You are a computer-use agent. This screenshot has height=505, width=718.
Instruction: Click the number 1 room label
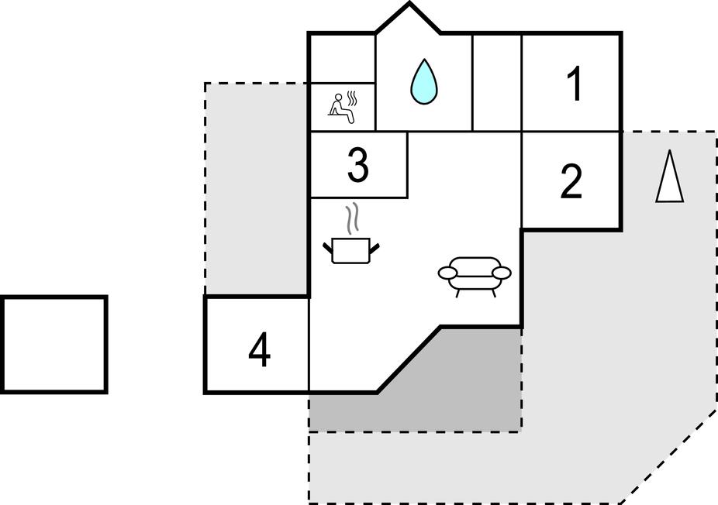click(574, 84)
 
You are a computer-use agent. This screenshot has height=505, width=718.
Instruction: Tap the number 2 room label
click(571, 181)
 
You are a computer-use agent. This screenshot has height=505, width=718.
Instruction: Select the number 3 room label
click(357, 166)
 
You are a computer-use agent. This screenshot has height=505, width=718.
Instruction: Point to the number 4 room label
click(259, 351)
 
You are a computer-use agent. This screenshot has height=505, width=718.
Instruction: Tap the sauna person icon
click(340, 108)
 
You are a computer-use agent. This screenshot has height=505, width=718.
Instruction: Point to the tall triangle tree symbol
click(669, 177)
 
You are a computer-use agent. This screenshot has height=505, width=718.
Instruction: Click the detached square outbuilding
click(54, 345)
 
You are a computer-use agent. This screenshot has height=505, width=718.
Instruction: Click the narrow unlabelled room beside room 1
click(496, 82)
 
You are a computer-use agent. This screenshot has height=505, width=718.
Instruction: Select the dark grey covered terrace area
click(465, 387)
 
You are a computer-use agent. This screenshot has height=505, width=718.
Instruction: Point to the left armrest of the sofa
click(448, 273)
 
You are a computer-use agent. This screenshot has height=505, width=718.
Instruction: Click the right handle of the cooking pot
click(375, 248)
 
